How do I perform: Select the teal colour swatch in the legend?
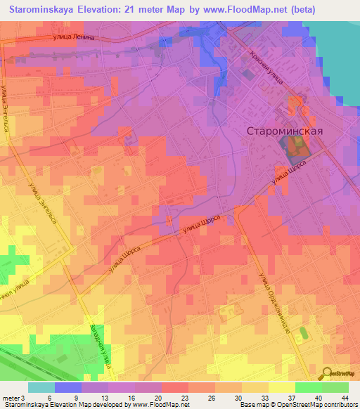pos(41,387)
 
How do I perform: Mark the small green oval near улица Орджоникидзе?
pos(304,331)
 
